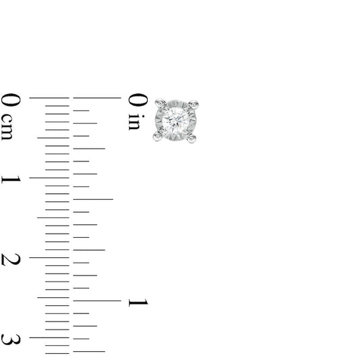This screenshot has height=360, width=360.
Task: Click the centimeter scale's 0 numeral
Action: point(11,100)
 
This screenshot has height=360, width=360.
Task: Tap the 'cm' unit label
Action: point(7,127)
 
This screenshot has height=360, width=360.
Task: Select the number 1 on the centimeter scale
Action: point(11,180)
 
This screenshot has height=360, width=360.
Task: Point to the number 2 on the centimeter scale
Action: point(11,259)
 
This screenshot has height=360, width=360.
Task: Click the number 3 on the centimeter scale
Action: point(11,340)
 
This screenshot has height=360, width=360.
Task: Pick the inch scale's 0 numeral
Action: point(138,100)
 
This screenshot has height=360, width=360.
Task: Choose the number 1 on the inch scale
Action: point(138,303)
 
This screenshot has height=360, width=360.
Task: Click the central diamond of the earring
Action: point(176,119)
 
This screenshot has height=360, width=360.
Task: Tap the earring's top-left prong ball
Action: point(160,103)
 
